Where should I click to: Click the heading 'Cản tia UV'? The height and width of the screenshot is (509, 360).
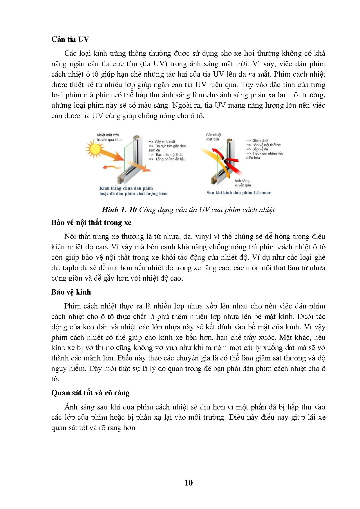(70, 39)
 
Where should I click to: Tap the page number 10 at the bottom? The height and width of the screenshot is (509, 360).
(188, 483)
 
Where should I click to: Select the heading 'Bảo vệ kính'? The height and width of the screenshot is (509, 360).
(71, 292)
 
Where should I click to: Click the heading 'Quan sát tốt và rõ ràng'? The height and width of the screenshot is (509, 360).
(90, 393)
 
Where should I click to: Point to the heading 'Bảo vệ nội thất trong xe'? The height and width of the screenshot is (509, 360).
(91, 222)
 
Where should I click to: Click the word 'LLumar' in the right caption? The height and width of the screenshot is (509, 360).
(262, 193)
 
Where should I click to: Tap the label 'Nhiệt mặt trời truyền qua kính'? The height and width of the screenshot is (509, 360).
(109, 137)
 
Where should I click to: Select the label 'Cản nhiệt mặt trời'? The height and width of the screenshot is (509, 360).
(214, 137)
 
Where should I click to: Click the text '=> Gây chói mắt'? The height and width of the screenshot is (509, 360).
(162, 142)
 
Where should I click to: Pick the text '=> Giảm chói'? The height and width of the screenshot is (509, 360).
(257, 140)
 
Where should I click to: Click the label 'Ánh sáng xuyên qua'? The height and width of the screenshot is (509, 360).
(242, 183)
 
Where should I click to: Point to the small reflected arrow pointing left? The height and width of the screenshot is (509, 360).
(109, 167)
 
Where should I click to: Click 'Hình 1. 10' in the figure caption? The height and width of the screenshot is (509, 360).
(119, 210)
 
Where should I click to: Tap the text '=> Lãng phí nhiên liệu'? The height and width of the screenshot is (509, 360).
(167, 159)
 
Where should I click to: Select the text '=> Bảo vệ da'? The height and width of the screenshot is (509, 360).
(257, 149)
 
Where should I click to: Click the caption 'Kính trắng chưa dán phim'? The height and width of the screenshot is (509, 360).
(126, 188)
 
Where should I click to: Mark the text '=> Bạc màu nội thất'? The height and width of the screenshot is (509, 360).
(166, 155)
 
